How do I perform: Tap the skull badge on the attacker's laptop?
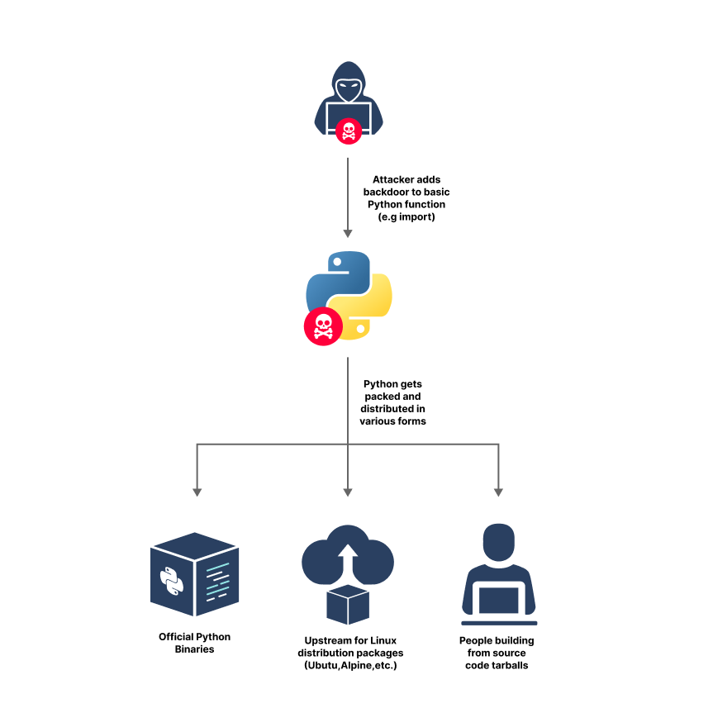pos(348,130)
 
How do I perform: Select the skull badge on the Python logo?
pos(324,326)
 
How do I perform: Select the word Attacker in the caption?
pos(396,179)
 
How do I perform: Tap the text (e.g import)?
pos(406,216)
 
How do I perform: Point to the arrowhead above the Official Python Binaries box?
pos(197,492)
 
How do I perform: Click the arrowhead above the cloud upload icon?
pos(348,492)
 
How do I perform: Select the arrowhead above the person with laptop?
pos(498,492)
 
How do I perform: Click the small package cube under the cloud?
pos(348,605)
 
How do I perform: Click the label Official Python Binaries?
pos(195,643)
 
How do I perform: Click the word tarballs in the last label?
pos(506,665)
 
